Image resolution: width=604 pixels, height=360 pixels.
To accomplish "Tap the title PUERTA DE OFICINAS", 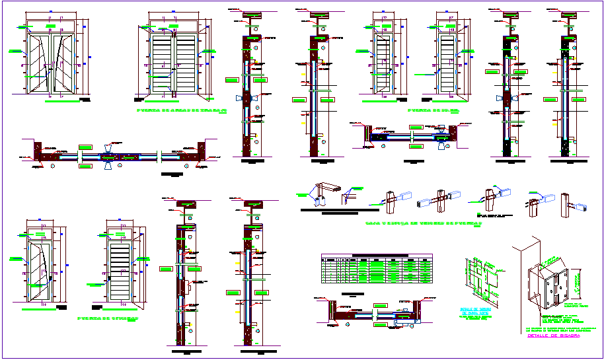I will point(107,318).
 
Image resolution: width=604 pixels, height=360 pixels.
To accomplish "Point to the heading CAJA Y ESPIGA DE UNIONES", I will point(423,224).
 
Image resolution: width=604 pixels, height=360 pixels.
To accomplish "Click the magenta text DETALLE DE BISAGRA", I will point(554,336).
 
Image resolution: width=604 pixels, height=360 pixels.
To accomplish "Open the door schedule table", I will point(375,270).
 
